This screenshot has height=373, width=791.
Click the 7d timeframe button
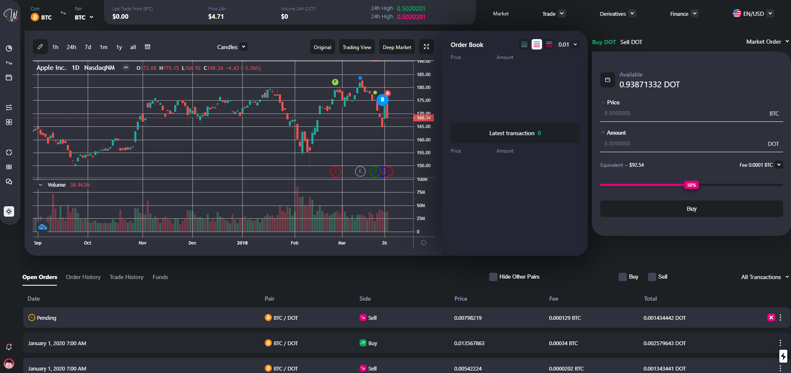pos(88,47)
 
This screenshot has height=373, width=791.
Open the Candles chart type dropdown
pos(232,47)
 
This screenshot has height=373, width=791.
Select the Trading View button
pos(357,47)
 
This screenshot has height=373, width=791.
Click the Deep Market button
pos(397,47)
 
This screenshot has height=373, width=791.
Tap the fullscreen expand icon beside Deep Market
pos(426,47)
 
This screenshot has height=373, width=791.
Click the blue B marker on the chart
pos(382,100)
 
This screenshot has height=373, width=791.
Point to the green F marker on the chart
pos(335,82)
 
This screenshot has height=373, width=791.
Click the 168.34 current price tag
pos(424,118)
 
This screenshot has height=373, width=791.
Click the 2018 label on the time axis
pos(242,243)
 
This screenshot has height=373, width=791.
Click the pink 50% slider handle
pos(691,185)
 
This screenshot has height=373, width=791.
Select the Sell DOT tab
pos(631,42)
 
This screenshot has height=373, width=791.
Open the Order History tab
pos(83,277)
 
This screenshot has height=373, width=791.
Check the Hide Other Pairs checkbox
pos(493,277)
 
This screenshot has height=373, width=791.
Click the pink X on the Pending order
pos(771,318)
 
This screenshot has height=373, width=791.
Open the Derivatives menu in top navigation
pos(617,14)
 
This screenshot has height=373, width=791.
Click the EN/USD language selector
pos(753,14)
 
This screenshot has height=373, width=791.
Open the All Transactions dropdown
pos(764,277)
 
